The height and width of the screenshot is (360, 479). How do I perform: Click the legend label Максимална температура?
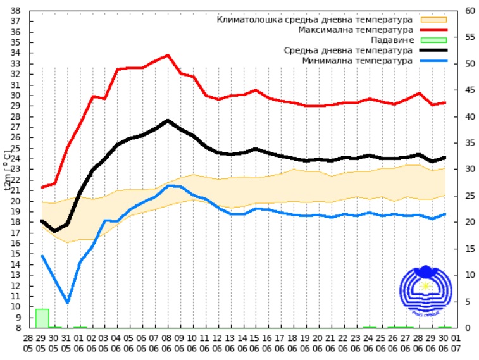(356, 30)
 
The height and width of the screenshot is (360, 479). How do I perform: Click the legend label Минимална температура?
(358, 61)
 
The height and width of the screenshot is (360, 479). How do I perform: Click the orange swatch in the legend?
(433, 20)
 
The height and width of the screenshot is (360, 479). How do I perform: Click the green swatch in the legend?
(433, 40)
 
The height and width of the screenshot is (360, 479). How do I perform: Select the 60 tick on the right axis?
(470, 11)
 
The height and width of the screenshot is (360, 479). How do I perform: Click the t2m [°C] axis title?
(8, 169)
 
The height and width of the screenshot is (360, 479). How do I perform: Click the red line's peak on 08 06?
(168, 55)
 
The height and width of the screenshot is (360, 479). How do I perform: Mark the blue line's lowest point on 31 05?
(67, 302)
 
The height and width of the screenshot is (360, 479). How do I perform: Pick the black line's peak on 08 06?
(168, 120)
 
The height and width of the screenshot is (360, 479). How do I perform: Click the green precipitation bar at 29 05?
(42, 318)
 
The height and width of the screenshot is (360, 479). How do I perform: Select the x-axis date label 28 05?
(29, 344)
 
